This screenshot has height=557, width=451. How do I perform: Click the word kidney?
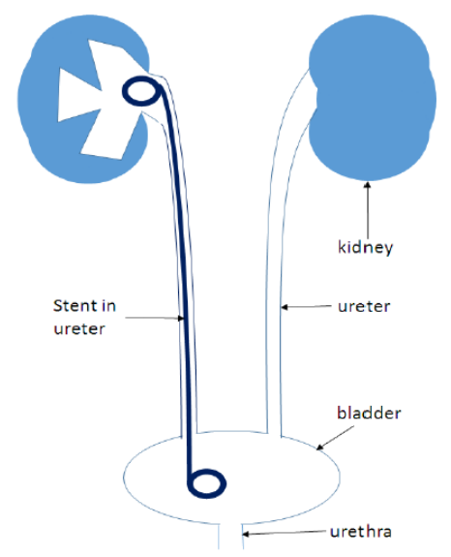click(365, 247)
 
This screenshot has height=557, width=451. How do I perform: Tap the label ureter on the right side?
click(364, 306)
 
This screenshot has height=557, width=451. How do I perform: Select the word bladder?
click(369, 413)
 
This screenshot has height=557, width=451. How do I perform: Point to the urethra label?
click(361, 532)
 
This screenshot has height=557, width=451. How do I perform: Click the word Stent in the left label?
click(75, 305)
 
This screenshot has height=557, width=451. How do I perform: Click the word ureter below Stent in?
click(79, 329)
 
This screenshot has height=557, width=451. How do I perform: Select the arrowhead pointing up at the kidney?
click(368, 185)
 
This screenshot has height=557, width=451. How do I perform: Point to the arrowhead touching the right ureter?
click(285, 307)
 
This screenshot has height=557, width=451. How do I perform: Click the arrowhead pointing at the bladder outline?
click(319, 448)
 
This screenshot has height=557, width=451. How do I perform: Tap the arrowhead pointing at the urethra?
click(246, 534)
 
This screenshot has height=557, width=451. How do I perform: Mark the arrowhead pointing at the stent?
click(181, 319)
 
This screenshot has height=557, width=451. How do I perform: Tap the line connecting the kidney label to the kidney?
click(368, 210)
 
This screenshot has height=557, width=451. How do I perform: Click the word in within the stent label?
click(108, 305)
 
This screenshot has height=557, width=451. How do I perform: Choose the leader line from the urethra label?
click(284, 533)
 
